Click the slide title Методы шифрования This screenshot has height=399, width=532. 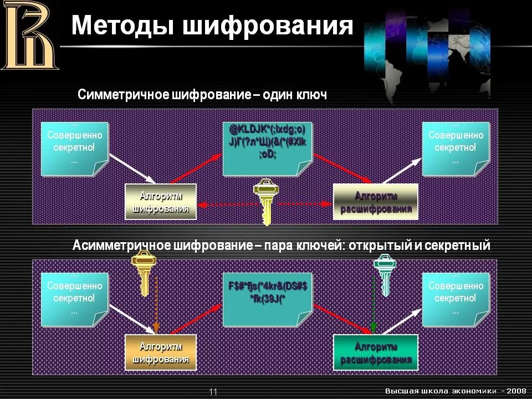tap(212, 25)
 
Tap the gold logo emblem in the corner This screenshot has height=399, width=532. tap(29, 35)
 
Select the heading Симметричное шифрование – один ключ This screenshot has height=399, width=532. tap(202, 95)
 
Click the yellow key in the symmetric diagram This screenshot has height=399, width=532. tap(266, 201)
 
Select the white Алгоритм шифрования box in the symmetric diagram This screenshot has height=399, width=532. tap(161, 202)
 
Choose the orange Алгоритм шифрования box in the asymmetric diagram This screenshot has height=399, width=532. tap(161, 352)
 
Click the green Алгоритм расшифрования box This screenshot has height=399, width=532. tap(375, 352)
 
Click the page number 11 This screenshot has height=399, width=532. tap(213, 392)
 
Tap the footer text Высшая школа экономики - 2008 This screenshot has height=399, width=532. tap(456, 391)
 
